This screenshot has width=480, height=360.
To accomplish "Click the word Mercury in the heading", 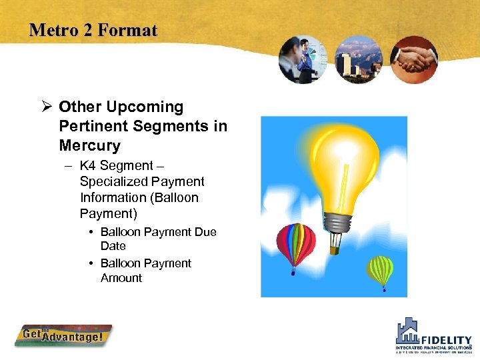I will [89, 145].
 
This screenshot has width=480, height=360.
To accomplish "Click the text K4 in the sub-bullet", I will [87, 165].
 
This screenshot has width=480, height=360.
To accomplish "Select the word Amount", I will [121, 278].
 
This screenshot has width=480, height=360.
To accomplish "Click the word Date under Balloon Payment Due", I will [113, 246].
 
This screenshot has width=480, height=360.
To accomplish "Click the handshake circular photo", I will [413, 59].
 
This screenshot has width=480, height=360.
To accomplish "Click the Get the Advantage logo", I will [63, 335].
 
